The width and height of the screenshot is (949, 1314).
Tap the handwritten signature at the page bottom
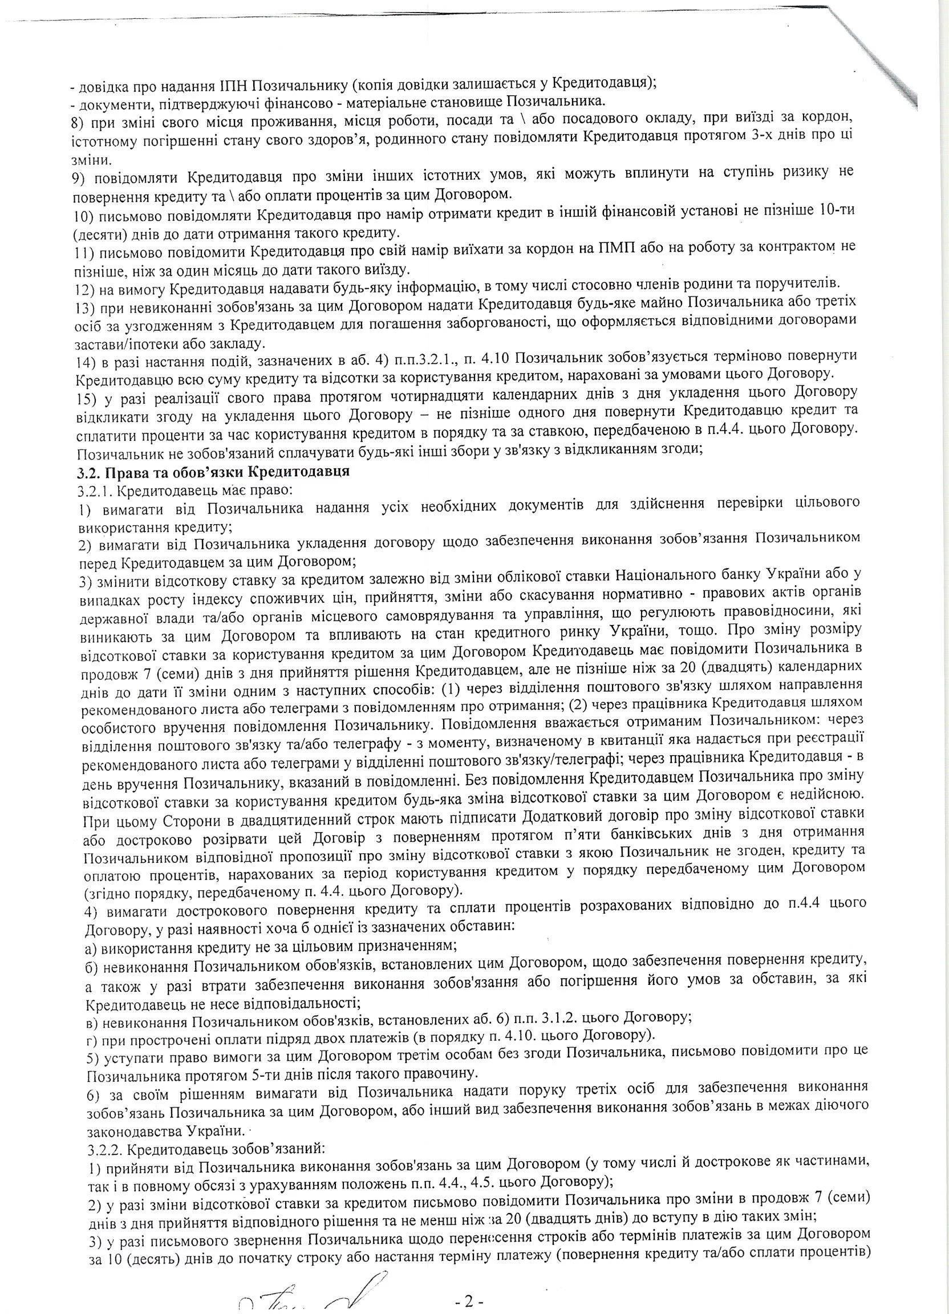290,1297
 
